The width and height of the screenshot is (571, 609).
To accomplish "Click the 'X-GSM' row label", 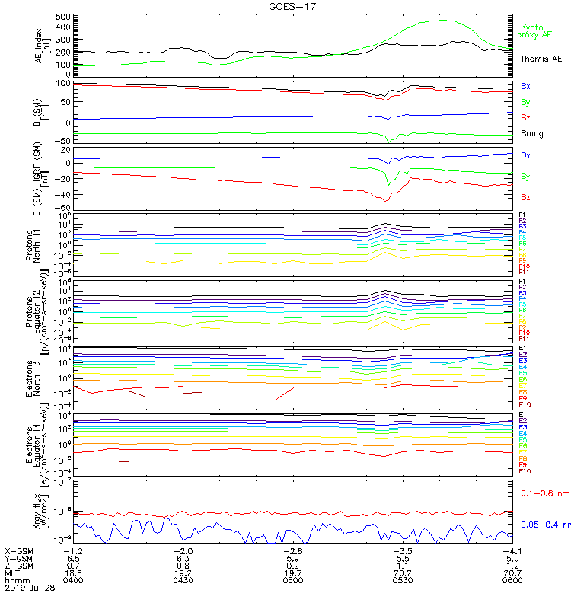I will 19,550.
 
